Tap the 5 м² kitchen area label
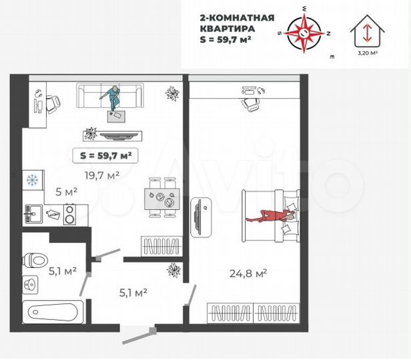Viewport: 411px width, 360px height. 66,192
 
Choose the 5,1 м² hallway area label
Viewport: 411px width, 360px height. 132,291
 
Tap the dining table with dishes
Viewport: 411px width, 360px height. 161,197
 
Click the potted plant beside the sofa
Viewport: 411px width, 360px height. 173,93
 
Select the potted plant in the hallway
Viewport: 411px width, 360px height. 175,270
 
